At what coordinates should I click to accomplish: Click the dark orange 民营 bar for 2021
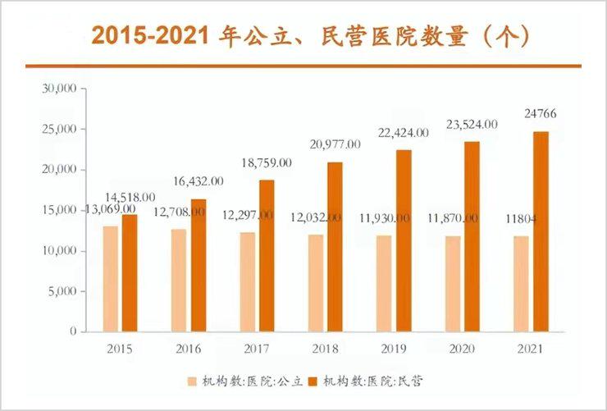[541, 231]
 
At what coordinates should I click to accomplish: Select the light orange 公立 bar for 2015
[111, 278]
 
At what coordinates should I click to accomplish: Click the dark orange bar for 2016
[199, 265]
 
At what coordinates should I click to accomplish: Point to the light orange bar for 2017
[248, 281]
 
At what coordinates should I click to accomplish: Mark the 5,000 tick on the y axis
[62, 291]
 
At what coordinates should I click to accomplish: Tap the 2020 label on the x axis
[461, 349]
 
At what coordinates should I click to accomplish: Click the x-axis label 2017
[256, 349]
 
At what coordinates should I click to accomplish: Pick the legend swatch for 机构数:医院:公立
[191, 381]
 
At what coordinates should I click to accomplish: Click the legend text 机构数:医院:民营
[373, 381]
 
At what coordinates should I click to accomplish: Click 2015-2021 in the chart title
[153, 36]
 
